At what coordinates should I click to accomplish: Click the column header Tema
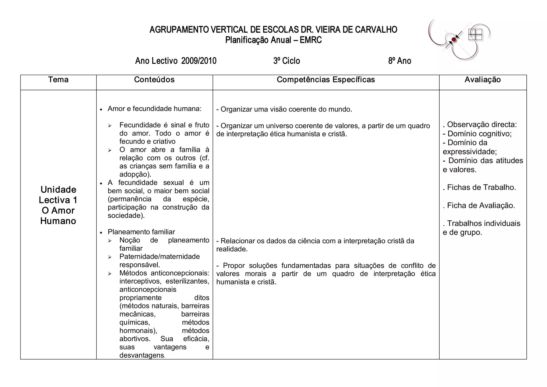click(58, 80)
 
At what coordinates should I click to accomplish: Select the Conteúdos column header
click(154, 80)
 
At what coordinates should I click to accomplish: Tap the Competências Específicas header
click(326, 80)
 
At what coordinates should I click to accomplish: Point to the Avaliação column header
click(483, 80)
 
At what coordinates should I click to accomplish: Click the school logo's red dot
click(454, 40)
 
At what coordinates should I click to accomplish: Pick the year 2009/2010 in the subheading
click(199, 61)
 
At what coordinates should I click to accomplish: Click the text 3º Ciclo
click(287, 61)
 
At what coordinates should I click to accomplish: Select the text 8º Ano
click(400, 61)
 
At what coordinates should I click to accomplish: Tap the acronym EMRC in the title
click(311, 40)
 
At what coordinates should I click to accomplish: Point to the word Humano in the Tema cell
click(58, 221)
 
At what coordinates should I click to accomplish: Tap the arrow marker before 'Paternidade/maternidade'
click(110, 257)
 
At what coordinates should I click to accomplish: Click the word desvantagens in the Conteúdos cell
click(142, 355)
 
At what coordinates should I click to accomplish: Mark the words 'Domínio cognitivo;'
click(479, 134)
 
